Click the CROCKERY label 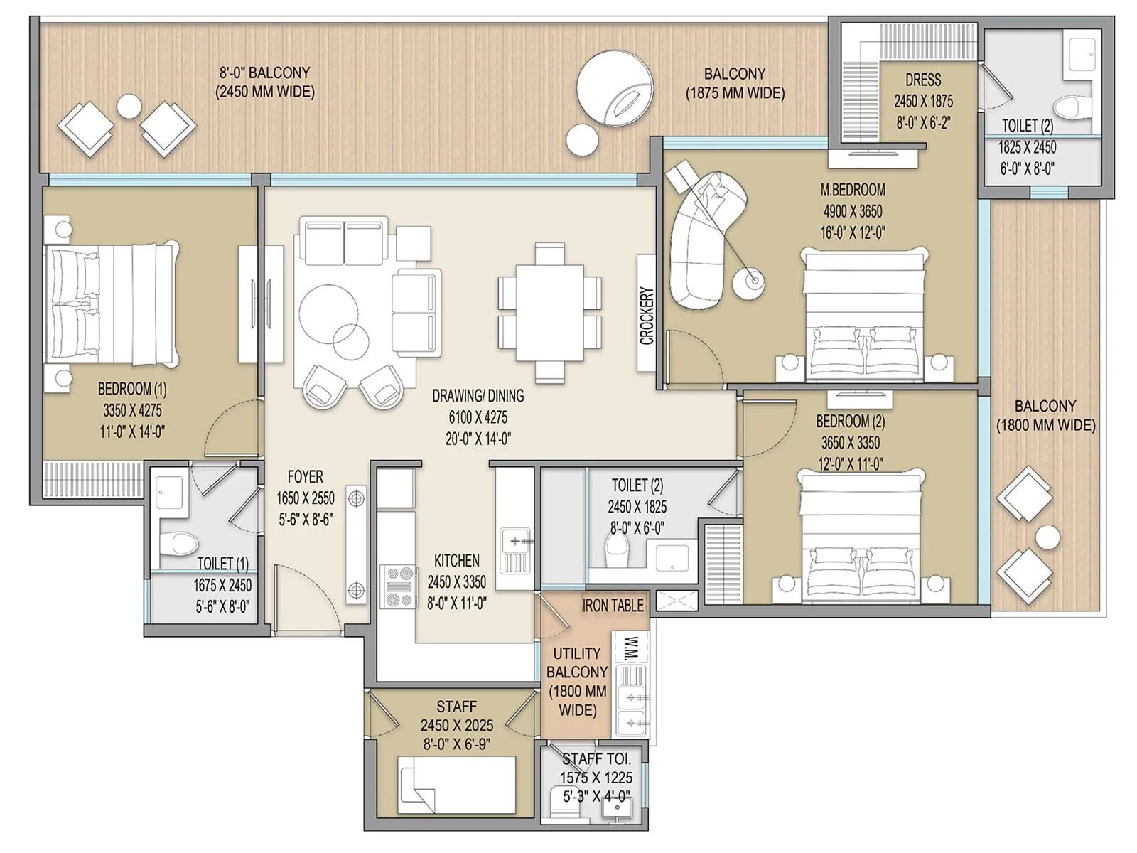tap(646, 316)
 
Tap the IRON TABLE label tap(613, 606)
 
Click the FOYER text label tap(305, 477)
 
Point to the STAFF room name tap(456, 707)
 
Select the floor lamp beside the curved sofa tap(750, 281)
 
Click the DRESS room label tap(923, 80)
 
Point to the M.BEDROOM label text tap(853, 190)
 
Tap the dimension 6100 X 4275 tap(478, 418)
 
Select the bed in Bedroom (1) tap(111, 304)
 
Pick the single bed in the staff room tap(456, 785)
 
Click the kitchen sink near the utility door tap(514, 550)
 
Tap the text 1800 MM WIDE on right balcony tap(1045, 426)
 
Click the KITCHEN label tap(456, 561)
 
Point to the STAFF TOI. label tap(596, 758)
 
